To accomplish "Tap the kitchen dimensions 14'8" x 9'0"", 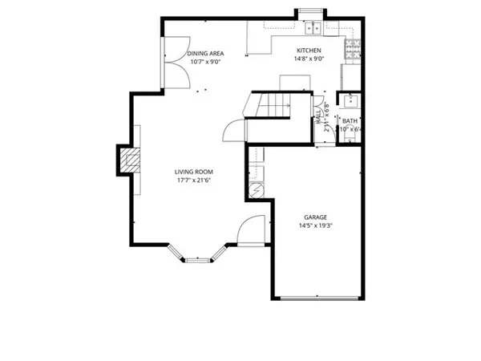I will click(309, 59).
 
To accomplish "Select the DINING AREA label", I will click(204, 53).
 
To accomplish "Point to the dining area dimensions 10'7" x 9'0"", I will click(204, 61).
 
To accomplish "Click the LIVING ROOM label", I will click(195, 172).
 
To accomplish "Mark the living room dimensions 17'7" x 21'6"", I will click(195, 180).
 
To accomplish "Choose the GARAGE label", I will click(314, 217).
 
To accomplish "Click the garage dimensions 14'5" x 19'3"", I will click(314, 225).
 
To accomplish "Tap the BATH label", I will click(350, 121).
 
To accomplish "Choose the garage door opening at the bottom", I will click(319, 298).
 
